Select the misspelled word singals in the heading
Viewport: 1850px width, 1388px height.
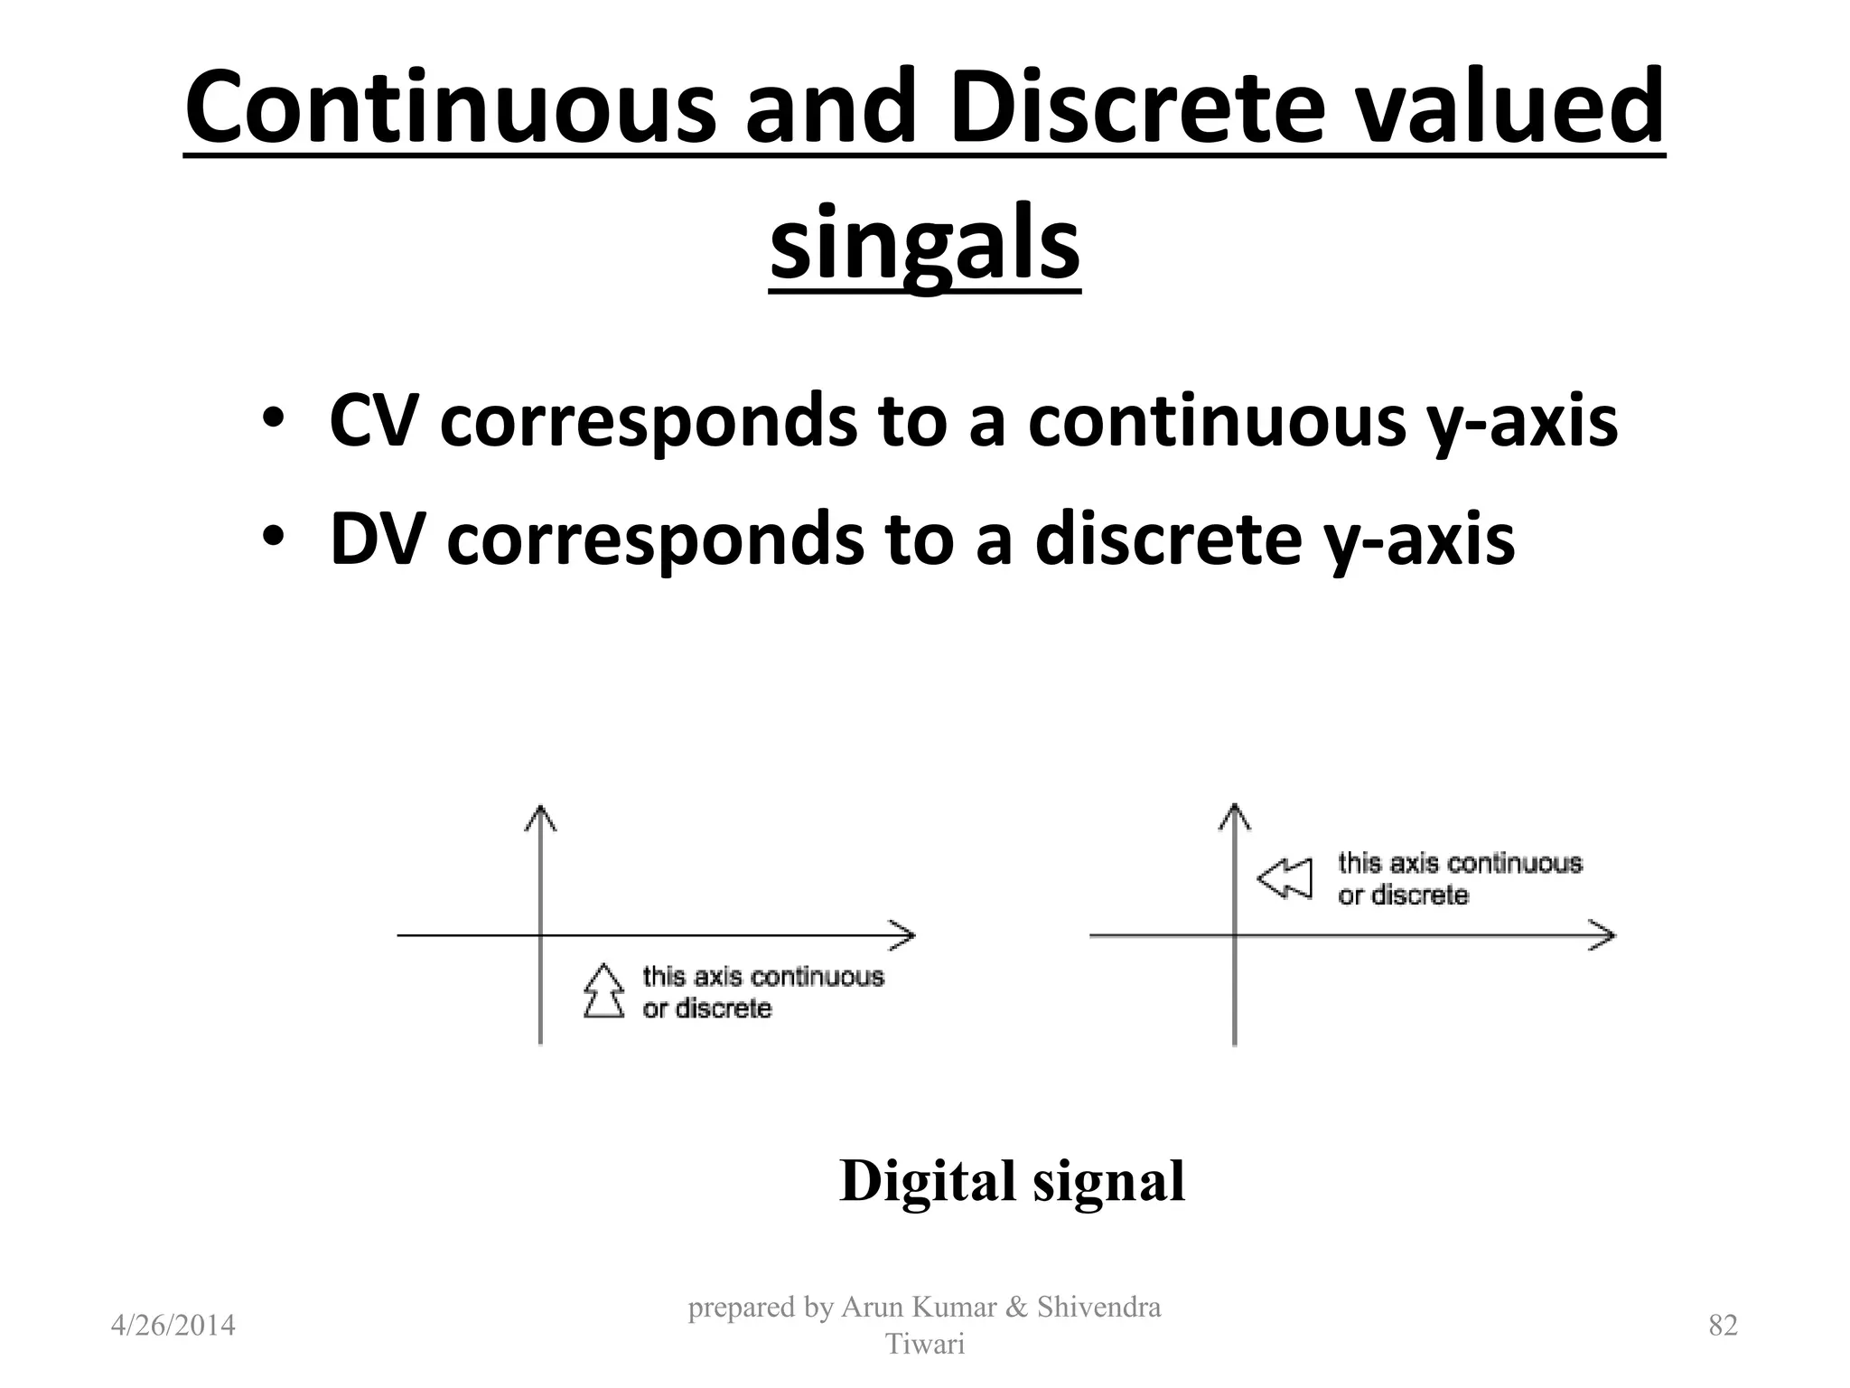(x=924, y=244)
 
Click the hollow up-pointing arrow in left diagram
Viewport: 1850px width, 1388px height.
(x=603, y=991)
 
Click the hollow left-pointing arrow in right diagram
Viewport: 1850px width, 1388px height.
(x=1285, y=878)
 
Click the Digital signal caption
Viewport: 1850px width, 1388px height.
(x=1012, y=1181)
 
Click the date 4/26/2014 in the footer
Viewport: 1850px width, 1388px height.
(x=173, y=1326)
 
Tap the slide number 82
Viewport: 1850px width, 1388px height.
(x=1723, y=1326)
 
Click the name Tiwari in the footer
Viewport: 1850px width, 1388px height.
(x=924, y=1345)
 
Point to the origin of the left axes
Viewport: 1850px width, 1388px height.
(x=540, y=935)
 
